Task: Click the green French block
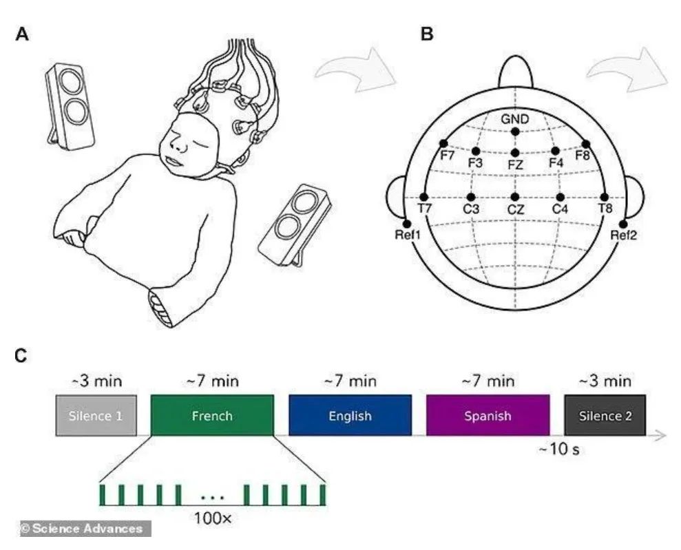pyautogui.click(x=211, y=415)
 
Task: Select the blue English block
pyautogui.click(x=350, y=415)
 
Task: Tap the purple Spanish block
pyautogui.click(x=488, y=415)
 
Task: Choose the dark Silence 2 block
pyautogui.click(x=604, y=415)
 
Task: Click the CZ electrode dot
pyautogui.click(x=515, y=197)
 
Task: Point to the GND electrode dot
pyautogui.click(x=515, y=131)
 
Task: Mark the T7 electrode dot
pyautogui.click(x=424, y=197)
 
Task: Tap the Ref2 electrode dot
pyautogui.click(x=624, y=224)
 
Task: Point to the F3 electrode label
pyautogui.click(x=475, y=163)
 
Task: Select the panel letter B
pyautogui.click(x=427, y=33)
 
